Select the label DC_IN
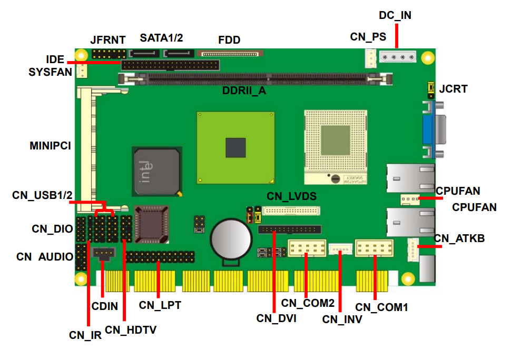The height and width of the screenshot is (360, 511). tap(395, 15)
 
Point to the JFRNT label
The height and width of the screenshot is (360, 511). tap(108, 40)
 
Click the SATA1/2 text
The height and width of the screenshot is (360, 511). tap(161, 38)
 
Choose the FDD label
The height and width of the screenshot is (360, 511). tap(229, 40)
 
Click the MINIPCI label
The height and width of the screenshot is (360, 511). tap(50, 146)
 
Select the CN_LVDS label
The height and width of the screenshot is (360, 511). tap(291, 196)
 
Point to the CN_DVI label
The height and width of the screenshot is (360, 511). tap(276, 318)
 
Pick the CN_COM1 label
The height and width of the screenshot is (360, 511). tap(381, 307)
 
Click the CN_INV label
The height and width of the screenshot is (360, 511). tap(342, 318)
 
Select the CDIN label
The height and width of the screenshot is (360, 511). tap(104, 306)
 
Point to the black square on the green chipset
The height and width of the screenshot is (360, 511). tap(235, 147)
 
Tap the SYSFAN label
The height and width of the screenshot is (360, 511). tap(50, 72)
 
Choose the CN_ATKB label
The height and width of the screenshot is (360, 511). tap(459, 238)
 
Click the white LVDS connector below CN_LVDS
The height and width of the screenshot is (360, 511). tap(291, 211)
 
